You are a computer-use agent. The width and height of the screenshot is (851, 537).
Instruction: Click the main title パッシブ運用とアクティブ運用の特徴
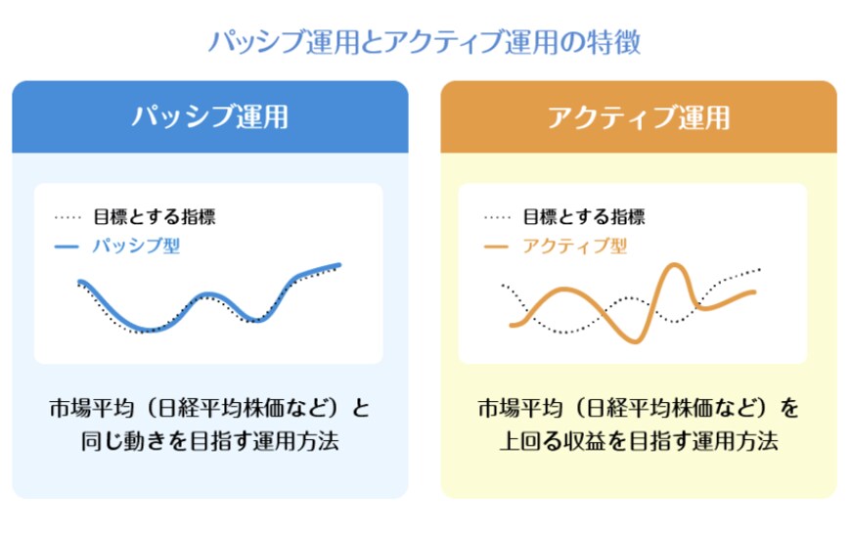425,42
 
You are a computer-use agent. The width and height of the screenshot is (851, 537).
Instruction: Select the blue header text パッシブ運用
210,117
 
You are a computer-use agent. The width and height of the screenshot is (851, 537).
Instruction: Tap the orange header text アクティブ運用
638,117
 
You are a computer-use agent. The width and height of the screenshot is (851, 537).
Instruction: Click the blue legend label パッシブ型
136,246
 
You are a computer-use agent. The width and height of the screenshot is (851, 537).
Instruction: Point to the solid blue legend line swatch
67,247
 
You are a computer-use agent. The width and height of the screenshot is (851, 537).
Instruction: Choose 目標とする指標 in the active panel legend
583,217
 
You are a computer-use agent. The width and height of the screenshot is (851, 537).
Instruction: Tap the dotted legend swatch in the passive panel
67,217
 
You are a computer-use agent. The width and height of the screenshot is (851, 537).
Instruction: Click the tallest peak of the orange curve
673,266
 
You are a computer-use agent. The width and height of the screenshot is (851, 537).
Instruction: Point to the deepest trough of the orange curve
636,339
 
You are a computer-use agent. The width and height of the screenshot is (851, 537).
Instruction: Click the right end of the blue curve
338,264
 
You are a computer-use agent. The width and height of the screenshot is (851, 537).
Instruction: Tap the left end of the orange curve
512,325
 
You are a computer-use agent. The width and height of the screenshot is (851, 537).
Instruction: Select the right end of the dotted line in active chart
759,269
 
